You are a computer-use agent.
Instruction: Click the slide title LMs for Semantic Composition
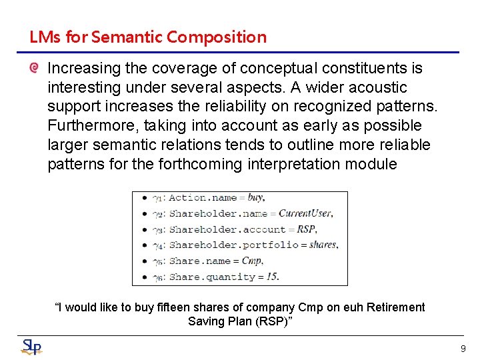coord(147,37)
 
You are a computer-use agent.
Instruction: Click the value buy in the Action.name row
coord(256,197)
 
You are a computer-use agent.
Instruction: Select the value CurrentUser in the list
coord(305,213)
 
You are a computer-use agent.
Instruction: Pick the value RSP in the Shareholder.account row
coord(307,229)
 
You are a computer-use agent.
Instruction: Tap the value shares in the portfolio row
coord(323,245)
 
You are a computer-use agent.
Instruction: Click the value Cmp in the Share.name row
coord(253,261)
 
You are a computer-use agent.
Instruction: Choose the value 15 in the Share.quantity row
coord(271,277)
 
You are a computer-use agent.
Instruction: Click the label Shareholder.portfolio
coord(233,245)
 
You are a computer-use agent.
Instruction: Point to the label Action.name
coord(203,197)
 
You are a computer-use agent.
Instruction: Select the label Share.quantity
coord(212,277)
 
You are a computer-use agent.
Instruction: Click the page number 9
coord(463,348)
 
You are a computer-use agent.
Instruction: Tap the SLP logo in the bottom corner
coord(31,347)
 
